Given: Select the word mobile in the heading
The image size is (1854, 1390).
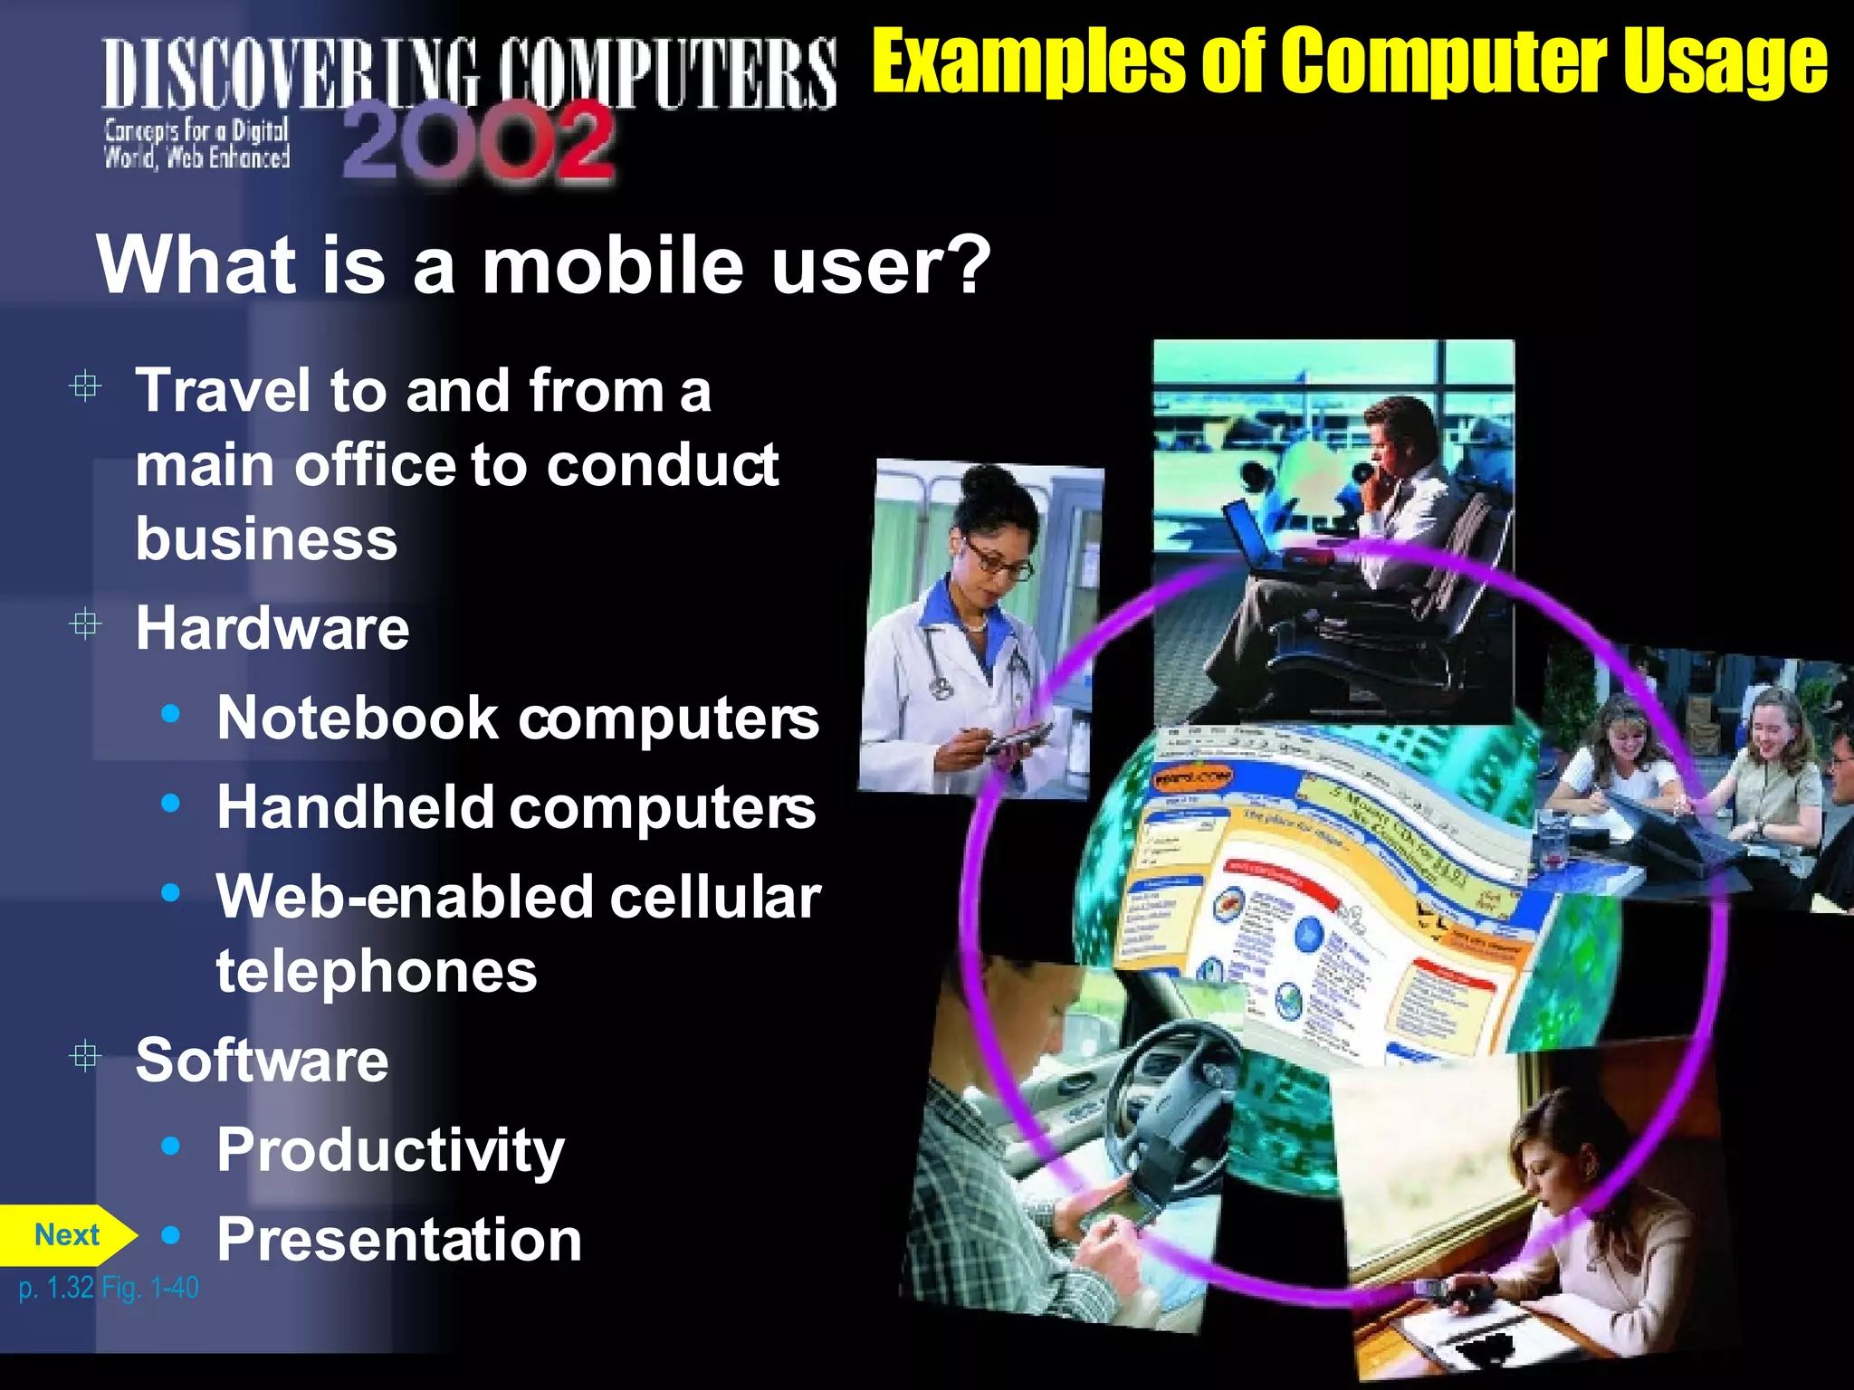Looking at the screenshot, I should click(x=614, y=266).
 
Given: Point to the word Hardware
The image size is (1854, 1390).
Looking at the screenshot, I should click(x=272, y=628).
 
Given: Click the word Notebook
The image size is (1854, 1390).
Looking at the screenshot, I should click(x=358, y=719).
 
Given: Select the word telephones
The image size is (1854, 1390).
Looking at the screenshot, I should click(x=377, y=972).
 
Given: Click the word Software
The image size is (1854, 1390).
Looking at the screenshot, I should click(x=262, y=1061).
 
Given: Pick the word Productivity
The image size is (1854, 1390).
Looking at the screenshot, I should click(x=390, y=1151).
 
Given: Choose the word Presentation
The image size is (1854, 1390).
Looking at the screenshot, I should click(x=399, y=1240).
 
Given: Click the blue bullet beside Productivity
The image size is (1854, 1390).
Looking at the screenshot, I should click(x=170, y=1147).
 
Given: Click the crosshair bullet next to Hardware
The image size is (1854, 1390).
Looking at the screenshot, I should click(x=85, y=624).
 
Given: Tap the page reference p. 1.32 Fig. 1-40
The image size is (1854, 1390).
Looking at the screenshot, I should click(x=109, y=1288).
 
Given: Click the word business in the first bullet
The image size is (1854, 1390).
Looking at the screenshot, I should click(x=266, y=539).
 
